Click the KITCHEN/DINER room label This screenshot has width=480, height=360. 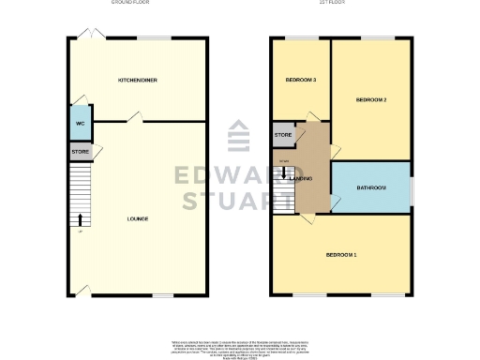pos(137,81)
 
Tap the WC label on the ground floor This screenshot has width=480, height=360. pos(80,124)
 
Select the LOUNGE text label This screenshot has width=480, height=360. pos(138,218)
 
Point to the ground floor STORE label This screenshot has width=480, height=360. pos(80,151)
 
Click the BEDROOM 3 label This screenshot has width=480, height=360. pos(300,80)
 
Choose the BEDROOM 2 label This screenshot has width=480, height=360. pos(371,99)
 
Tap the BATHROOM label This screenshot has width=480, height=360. pos(371,188)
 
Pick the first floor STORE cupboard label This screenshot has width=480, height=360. pos(283,136)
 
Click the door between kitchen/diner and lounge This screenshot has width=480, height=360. pos(137,117)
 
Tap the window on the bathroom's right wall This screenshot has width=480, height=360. pos(412,187)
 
